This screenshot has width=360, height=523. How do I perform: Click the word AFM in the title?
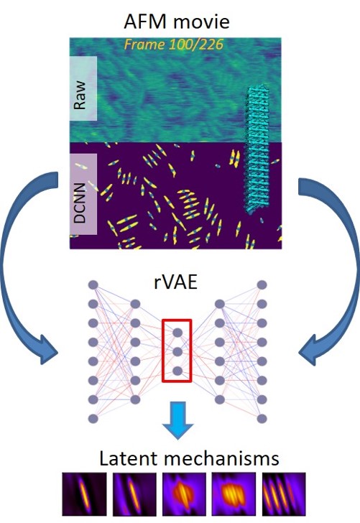click(x=145, y=22)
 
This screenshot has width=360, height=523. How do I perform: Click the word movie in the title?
click(x=201, y=22)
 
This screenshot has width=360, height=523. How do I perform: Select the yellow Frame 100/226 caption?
click(x=173, y=45)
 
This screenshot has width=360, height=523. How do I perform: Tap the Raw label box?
click(x=83, y=88)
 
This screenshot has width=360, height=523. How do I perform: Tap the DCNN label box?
click(x=83, y=194)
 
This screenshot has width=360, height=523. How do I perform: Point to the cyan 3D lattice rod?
click(x=257, y=149)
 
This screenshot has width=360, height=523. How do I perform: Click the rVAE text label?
click(x=176, y=282)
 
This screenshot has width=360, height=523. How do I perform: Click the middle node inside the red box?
click(x=177, y=351)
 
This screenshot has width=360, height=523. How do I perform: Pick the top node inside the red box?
click(x=177, y=333)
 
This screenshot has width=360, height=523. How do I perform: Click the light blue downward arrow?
click(x=177, y=420)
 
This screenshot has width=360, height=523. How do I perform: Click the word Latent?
click(x=129, y=458)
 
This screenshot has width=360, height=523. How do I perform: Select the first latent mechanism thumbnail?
click(x=84, y=494)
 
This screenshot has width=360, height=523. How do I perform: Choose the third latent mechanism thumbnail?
click(x=185, y=494)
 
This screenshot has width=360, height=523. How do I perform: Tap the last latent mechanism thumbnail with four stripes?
click(x=284, y=494)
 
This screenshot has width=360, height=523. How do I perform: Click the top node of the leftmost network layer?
click(x=93, y=285)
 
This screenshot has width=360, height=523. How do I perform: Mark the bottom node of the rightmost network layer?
click(x=262, y=419)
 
